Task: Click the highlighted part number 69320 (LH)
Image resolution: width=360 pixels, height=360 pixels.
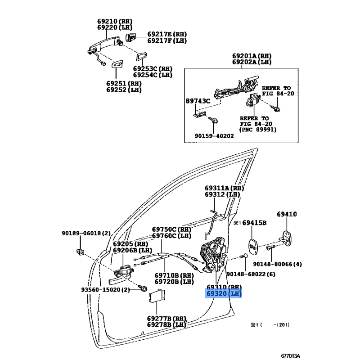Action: click(x=223, y=294)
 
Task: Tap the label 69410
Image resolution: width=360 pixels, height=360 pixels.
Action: click(x=287, y=214)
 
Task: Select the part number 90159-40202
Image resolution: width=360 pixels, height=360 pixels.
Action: click(x=214, y=136)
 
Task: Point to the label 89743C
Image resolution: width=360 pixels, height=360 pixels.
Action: click(x=198, y=101)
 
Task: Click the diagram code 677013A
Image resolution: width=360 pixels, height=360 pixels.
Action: click(x=290, y=356)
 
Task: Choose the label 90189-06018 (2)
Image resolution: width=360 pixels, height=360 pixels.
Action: click(x=86, y=233)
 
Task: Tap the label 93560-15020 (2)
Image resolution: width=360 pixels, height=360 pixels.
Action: click(x=105, y=290)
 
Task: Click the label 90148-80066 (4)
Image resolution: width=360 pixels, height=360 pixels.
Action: click(x=277, y=264)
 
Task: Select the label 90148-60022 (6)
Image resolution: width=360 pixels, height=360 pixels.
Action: click(x=251, y=274)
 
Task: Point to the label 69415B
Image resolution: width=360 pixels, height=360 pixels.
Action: click(x=254, y=223)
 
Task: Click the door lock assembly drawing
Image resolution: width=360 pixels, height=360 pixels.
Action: click(x=213, y=255)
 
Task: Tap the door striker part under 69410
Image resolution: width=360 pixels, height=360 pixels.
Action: click(x=286, y=239)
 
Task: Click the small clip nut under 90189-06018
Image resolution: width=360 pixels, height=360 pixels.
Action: click(x=80, y=252)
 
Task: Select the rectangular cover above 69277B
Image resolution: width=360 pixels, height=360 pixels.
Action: click(x=157, y=296)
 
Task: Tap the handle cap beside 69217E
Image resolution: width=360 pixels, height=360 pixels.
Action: click(x=131, y=37)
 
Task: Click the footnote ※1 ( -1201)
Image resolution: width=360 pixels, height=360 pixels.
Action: click(x=270, y=325)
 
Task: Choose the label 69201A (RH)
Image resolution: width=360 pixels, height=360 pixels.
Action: click(x=252, y=56)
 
